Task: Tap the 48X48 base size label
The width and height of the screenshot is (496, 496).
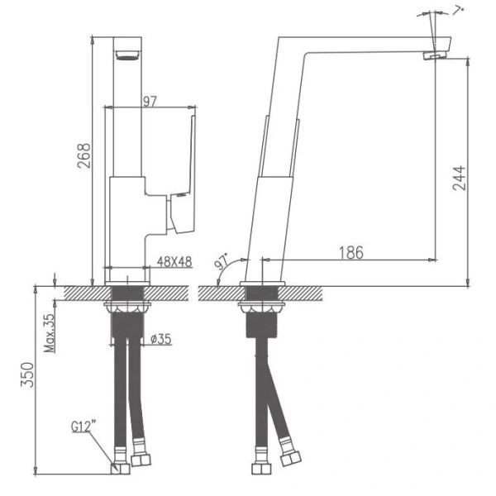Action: (x=174, y=261)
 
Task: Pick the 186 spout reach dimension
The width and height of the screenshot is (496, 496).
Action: (x=351, y=252)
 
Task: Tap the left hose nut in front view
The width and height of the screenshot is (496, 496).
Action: (x=120, y=467)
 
